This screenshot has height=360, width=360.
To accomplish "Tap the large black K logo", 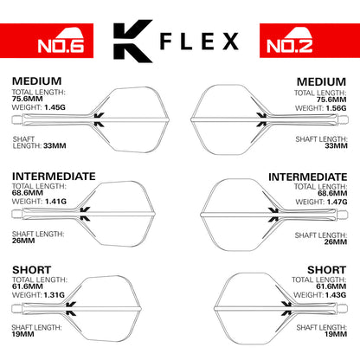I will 135,42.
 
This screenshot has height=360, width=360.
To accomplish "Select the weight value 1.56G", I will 332,107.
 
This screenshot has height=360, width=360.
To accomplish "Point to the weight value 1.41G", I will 57,202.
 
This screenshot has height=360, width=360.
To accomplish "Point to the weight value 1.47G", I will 332,202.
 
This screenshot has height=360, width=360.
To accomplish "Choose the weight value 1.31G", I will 57,294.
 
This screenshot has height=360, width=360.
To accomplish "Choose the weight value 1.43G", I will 332,294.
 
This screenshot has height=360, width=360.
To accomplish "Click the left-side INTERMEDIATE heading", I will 54,176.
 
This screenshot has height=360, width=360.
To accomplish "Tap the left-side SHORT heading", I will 31,269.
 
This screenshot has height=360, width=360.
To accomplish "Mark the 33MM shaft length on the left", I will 25,145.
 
